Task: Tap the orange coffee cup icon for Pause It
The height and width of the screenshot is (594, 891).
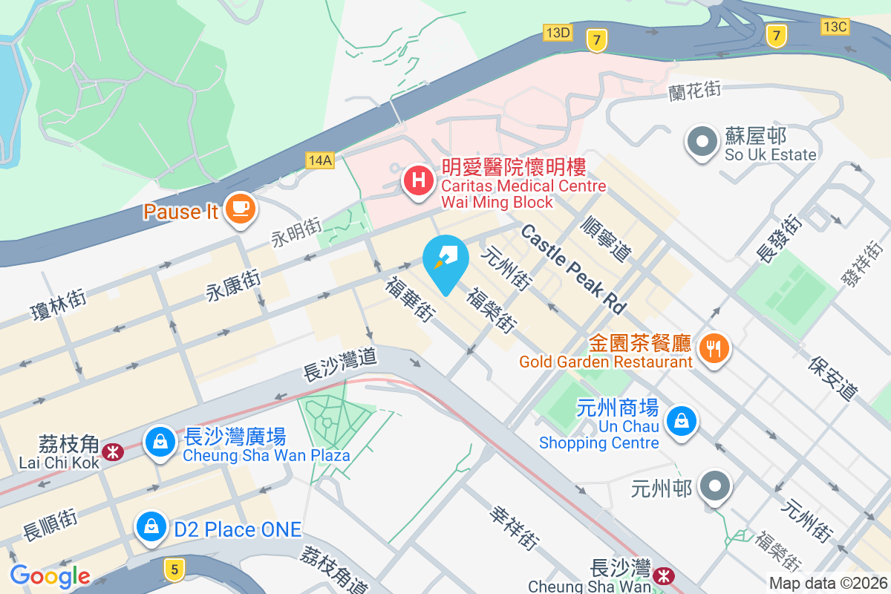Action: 238,207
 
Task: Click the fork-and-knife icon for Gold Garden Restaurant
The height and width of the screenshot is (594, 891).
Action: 714,346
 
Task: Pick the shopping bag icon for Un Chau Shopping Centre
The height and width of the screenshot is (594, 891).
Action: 680,421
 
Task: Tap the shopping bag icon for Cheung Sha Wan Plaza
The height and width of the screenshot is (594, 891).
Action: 160,442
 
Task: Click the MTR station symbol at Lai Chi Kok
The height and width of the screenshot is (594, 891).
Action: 113,451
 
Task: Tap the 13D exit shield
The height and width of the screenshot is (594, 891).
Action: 558,33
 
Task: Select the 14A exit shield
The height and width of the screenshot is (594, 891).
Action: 320,160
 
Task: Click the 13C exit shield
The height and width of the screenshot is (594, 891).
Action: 835,27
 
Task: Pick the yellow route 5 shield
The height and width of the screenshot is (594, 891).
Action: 174,569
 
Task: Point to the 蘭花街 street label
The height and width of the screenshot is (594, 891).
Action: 695,91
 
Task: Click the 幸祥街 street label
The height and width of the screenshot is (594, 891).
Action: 514,529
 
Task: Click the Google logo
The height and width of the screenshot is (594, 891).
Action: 50,575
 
